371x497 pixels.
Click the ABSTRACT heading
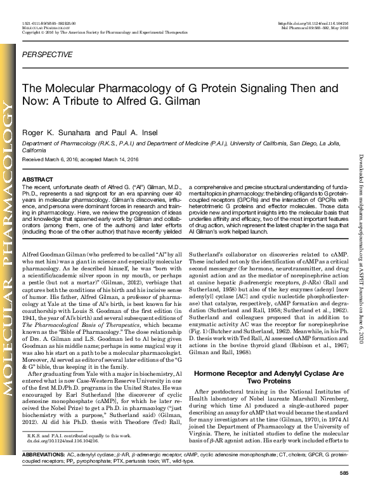(x=37, y=180)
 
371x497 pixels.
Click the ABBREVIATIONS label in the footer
(x=42, y=474)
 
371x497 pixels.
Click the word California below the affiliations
(x=34, y=151)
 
